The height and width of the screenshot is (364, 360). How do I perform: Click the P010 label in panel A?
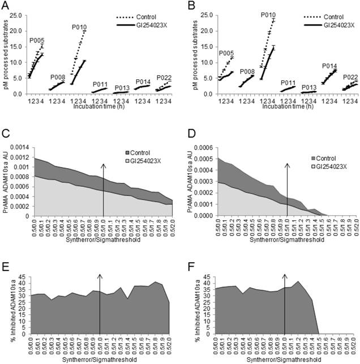tap(79, 27)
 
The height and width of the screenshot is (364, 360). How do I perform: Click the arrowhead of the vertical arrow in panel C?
tap(104, 165)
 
